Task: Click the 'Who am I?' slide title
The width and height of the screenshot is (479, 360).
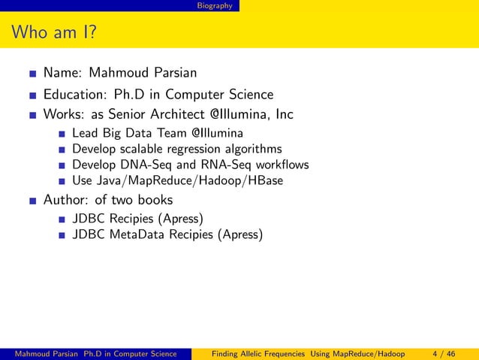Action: click(x=52, y=33)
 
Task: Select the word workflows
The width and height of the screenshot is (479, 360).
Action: click(x=276, y=165)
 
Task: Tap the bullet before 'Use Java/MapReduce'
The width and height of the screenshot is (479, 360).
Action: click(x=59, y=181)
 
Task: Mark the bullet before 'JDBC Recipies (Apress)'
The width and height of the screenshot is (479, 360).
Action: click(x=59, y=220)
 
